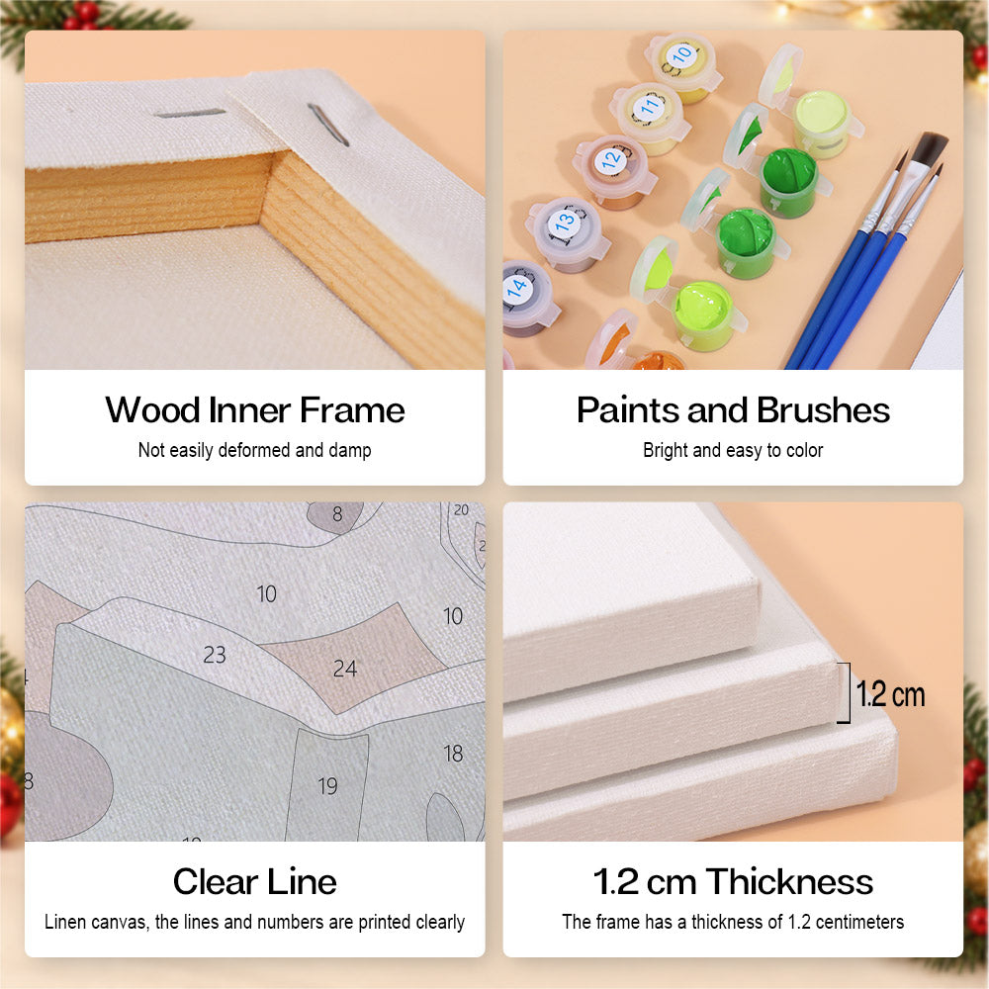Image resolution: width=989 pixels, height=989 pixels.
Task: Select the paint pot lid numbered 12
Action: (610, 160)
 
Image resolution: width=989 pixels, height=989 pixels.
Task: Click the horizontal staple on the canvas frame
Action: (191, 114)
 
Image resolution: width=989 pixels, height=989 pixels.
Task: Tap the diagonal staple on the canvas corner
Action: (328, 125)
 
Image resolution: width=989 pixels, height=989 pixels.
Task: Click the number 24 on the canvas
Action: (345, 669)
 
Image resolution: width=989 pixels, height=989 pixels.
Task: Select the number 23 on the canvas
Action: (215, 655)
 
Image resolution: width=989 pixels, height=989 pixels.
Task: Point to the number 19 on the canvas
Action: (328, 786)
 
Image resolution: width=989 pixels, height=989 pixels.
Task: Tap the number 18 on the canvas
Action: (453, 753)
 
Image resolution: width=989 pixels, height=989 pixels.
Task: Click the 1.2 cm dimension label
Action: (890, 694)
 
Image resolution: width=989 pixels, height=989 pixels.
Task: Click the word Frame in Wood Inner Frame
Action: (352, 410)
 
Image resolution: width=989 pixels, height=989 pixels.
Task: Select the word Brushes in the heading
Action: (823, 410)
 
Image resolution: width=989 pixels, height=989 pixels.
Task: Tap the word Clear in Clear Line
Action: (215, 882)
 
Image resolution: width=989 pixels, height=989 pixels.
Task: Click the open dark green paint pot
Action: (788, 180)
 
